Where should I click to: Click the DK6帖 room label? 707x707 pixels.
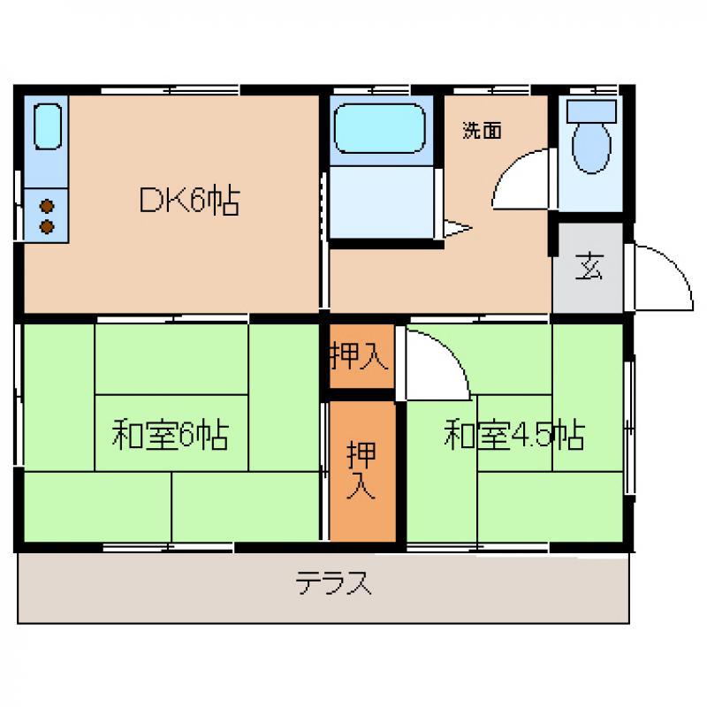[x=189, y=201]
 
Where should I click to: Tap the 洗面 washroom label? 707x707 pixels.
[x=482, y=130]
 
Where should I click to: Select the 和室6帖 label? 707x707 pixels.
[x=171, y=434]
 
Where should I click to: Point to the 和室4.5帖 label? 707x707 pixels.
[x=514, y=435]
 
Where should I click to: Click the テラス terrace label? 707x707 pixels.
[x=334, y=582]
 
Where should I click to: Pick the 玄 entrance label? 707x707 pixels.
[x=589, y=267]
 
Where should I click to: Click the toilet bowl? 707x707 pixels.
[x=591, y=148]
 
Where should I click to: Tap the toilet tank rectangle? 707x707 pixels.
[x=591, y=111]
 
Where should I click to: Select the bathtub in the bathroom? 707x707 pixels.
[x=380, y=129]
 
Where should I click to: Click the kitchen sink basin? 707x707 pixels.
[x=48, y=126]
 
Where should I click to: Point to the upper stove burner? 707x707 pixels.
[x=47, y=207]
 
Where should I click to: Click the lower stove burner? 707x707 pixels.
[x=47, y=226]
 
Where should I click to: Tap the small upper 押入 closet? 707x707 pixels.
[x=362, y=356]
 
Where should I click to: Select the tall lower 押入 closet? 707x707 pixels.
[x=362, y=471]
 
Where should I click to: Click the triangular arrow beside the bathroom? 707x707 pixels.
[x=457, y=228]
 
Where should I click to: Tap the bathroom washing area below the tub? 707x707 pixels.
[x=382, y=201]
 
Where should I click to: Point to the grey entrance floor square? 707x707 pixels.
[x=588, y=268]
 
